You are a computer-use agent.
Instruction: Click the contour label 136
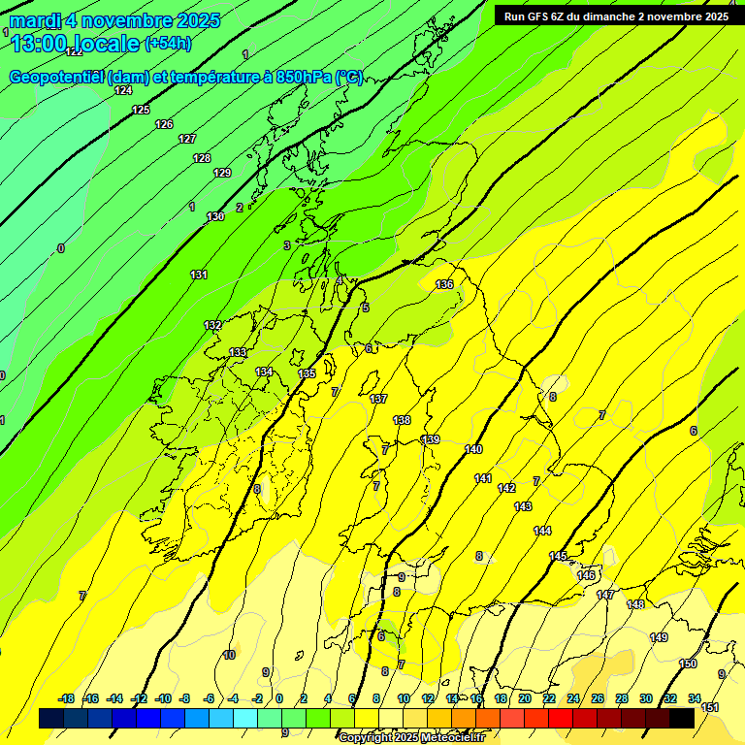pyautogui.click(x=444, y=284)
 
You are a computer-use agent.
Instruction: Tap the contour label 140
pyautogui.click(x=473, y=449)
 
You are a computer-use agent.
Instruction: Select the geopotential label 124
pyautogui.click(x=123, y=90)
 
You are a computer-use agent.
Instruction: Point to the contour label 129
pyautogui.click(x=222, y=173)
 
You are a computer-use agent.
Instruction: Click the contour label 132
pyautogui.click(x=212, y=325)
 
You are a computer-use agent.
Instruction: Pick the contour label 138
pyautogui.click(x=402, y=420)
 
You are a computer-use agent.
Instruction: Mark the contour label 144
pyautogui.click(x=542, y=531)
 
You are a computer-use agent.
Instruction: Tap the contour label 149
pyautogui.click(x=659, y=637)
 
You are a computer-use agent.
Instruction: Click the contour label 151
pyautogui.click(x=710, y=707)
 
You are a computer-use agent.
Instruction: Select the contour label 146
pyautogui.click(x=586, y=575)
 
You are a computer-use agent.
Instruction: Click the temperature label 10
pyautogui.click(x=229, y=655)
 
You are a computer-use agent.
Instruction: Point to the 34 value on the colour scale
pyautogui.click(x=695, y=698)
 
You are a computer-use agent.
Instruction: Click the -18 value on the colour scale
pyautogui.click(x=66, y=698)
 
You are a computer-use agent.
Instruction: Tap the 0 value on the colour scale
pyautogui.click(x=279, y=698)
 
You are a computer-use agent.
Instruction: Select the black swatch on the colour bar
pyautogui.click(x=682, y=719)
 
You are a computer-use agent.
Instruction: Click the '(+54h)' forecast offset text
pyautogui.click(x=168, y=44)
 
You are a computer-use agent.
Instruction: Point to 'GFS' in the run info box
pyautogui.click(x=542, y=16)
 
